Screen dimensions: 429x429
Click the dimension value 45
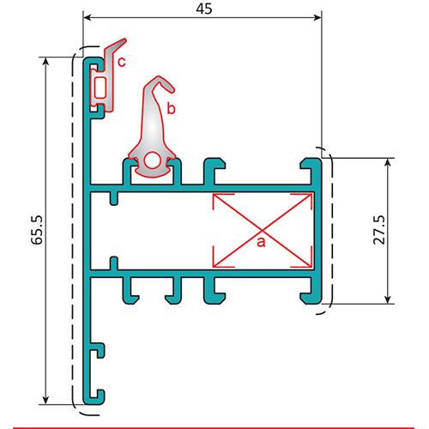204,9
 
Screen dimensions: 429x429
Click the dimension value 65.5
37,230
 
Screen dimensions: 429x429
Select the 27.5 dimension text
379,230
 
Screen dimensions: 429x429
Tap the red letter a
261,242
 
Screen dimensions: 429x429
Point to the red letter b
171,109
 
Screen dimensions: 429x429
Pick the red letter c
122,62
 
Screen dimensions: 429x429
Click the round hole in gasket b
152,160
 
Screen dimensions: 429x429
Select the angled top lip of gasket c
116,45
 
